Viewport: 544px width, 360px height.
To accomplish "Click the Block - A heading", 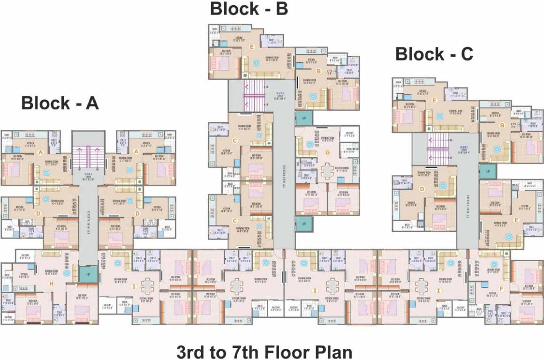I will [x=60, y=103].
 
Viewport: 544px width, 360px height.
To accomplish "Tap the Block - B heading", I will [x=249, y=8].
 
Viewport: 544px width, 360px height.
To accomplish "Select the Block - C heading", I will [x=434, y=54].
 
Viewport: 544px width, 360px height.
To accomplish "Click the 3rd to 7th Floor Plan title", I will [x=264, y=352].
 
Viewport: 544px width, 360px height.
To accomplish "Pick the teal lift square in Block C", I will [x=488, y=171].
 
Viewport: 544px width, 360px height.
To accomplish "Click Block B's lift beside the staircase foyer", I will [x=304, y=118].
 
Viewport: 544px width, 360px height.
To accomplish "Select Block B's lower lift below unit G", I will [x=304, y=224].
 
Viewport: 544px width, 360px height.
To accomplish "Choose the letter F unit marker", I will [x=501, y=289].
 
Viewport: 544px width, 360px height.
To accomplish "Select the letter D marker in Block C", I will [x=422, y=189].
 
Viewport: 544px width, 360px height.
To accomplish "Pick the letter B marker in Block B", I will [x=318, y=71].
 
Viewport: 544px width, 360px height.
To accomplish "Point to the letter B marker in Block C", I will [x=502, y=125].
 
